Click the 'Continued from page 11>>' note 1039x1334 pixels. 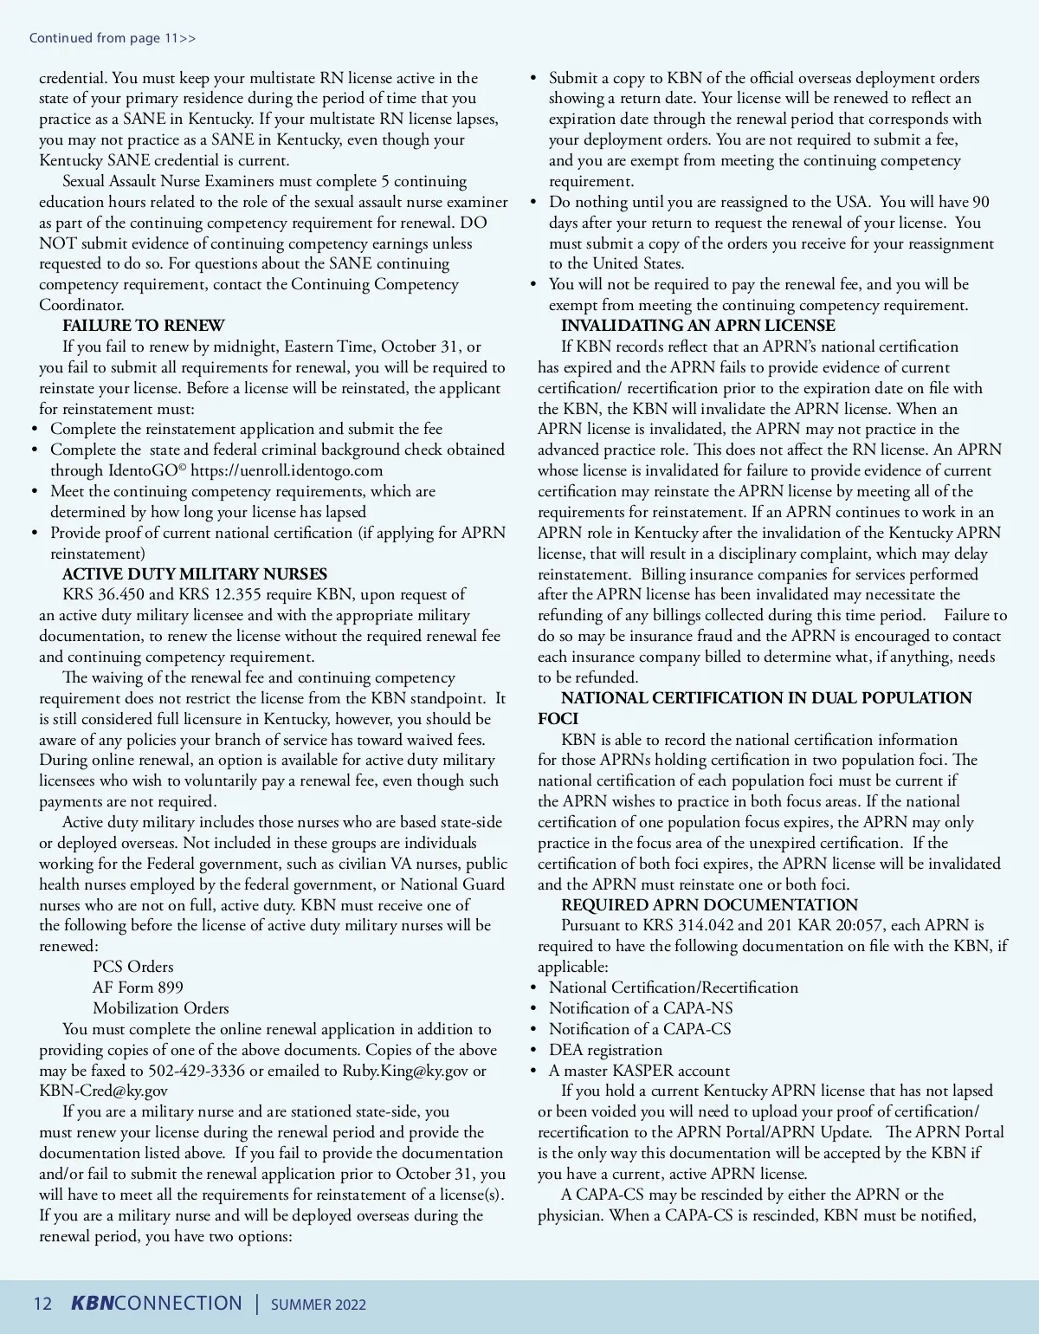point(113,38)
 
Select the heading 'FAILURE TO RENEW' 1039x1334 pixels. point(143,326)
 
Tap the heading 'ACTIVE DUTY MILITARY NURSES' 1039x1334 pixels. point(195,574)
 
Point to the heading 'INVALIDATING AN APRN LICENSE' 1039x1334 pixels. point(698,326)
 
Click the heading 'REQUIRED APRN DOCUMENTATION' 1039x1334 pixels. point(709,905)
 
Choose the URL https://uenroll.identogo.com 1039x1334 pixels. point(287,470)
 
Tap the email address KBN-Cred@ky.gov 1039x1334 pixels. point(103,1091)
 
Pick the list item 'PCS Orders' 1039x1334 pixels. point(133,967)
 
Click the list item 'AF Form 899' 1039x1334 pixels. point(138,988)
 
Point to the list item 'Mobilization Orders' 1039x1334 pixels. point(161,1008)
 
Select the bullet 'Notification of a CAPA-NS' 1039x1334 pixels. point(641,1008)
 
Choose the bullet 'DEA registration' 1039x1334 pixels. point(605,1050)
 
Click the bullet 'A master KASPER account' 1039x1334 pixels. point(639,1071)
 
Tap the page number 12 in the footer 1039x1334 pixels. point(42,1305)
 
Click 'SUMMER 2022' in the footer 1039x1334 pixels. point(318,1305)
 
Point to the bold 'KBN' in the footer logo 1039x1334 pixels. point(92,1304)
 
